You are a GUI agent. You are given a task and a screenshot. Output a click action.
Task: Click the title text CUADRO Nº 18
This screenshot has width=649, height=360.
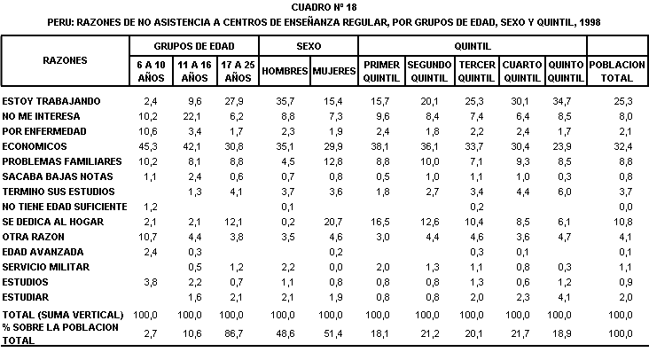pyautogui.click(x=324, y=7)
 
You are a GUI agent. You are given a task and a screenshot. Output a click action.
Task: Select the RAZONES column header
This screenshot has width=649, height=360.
pyautogui.click(x=65, y=60)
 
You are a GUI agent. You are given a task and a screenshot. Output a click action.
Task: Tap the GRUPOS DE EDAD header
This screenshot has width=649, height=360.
pyautogui.click(x=194, y=46)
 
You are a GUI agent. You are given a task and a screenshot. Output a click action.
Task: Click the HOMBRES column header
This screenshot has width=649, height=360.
pyautogui.click(x=285, y=71)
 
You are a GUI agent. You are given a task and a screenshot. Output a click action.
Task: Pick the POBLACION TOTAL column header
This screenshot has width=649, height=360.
pyautogui.click(x=617, y=71)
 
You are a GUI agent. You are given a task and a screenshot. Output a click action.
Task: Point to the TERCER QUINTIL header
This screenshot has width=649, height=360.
pyautogui.click(x=477, y=71)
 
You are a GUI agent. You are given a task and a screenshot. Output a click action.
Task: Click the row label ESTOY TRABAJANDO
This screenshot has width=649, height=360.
pyautogui.click(x=51, y=101)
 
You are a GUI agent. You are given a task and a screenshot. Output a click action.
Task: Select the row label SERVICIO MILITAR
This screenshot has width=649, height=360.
pyautogui.click(x=45, y=267)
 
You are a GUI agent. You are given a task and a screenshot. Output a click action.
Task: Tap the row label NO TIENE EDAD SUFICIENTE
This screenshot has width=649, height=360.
pyautogui.click(x=65, y=207)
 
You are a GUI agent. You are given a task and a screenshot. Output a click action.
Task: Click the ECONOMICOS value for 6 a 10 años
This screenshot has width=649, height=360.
pyautogui.click(x=148, y=146)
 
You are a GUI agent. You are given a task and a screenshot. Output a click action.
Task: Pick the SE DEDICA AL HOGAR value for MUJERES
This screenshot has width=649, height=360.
pyautogui.click(x=333, y=222)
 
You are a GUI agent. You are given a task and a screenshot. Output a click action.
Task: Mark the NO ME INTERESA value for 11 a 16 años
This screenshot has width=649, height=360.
pyautogui.click(x=192, y=116)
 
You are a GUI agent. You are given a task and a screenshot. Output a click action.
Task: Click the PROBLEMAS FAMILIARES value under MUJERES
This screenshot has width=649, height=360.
pyautogui.click(x=333, y=161)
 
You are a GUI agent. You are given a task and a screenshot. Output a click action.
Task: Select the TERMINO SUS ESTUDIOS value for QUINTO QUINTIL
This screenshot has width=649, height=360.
pyautogui.click(x=565, y=192)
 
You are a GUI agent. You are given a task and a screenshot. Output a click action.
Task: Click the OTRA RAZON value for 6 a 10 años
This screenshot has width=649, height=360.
pyautogui.click(x=148, y=237)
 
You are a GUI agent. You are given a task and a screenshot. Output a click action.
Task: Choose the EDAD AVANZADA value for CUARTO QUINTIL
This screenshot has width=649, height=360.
pyautogui.click(x=523, y=252)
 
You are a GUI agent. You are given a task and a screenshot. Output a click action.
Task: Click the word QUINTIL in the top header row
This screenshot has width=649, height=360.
pyautogui.click(x=473, y=46)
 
